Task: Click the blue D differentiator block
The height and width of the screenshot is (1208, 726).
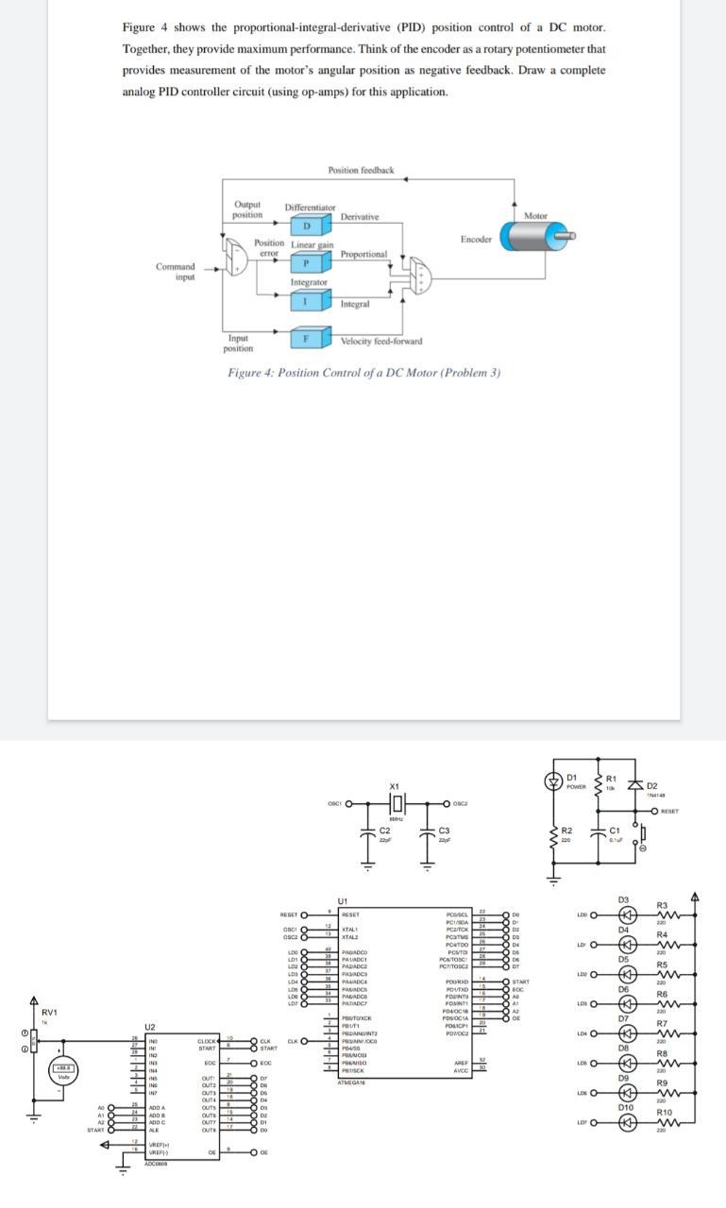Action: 305,226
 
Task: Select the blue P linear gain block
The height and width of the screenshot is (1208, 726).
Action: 305,261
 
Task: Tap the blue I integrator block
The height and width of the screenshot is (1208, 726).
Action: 305,300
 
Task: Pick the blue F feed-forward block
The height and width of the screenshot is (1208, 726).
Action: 305,337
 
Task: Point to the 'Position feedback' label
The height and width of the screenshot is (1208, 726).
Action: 361,170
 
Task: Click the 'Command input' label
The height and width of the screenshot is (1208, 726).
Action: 177,271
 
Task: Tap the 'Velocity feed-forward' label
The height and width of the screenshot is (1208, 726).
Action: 380,341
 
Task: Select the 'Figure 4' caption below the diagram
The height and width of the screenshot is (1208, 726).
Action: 363,372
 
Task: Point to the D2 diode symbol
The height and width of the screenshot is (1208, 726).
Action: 651,788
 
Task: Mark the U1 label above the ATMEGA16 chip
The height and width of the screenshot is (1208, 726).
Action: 341,902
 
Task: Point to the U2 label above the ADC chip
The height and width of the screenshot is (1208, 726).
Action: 149,1027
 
